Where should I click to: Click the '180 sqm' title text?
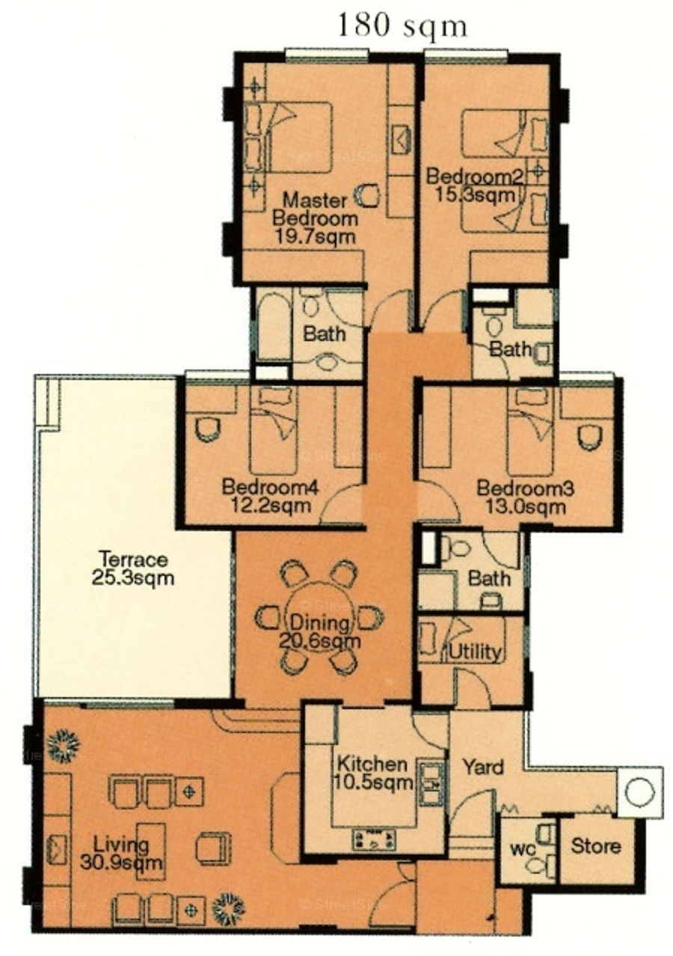(x=402, y=26)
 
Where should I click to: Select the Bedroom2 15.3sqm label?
(x=475, y=186)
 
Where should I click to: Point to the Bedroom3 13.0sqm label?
(x=525, y=497)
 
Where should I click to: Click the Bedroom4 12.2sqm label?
(x=270, y=497)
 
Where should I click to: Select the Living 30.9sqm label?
(x=121, y=854)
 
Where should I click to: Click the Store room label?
(x=596, y=845)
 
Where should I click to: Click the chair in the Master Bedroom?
(x=367, y=195)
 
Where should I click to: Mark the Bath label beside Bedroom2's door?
(x=511, y=349)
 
